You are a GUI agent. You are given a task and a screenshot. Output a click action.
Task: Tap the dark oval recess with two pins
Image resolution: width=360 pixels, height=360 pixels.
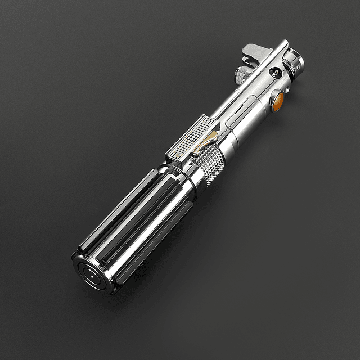275,71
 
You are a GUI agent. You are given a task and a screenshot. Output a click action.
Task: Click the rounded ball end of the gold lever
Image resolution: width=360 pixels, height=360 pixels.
193,152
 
